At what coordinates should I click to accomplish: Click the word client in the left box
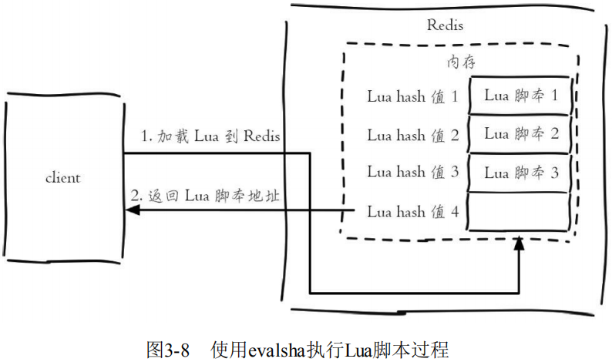click(62, 178)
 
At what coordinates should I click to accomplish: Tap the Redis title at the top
click(446, 25)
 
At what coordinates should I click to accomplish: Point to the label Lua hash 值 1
click(412, 98)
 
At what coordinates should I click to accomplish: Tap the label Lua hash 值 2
click(412, 136)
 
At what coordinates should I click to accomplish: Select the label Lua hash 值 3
click(412, 172)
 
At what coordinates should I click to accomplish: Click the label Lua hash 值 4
click(412, 210)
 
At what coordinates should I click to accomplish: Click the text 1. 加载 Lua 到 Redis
click(210, 137)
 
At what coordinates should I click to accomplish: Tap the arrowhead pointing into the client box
click(131, 210)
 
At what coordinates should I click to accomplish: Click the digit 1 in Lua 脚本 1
click(553, 96)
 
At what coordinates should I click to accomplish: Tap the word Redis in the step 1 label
click(261, 137)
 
